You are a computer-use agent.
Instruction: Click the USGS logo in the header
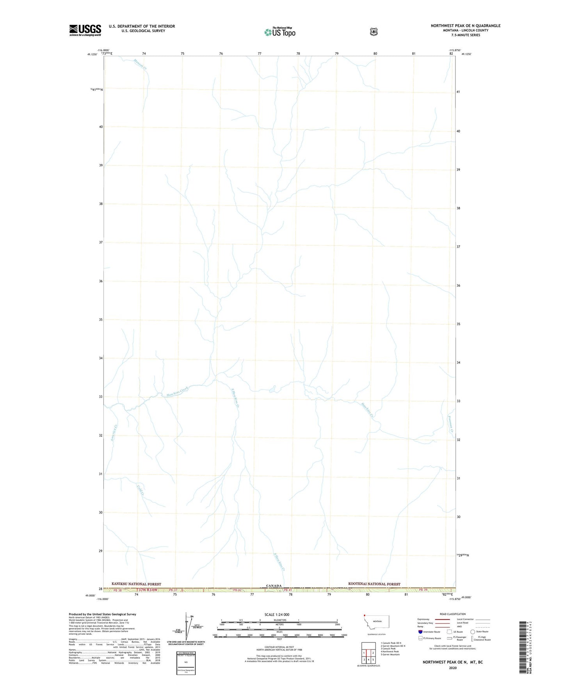[85, 30]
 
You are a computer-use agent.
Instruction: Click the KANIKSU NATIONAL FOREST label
[136, 584]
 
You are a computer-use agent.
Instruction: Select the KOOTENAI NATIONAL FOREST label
[374, 584]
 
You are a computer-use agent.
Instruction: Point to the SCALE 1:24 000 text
[277, 614]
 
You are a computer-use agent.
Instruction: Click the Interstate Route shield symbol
[420, 632]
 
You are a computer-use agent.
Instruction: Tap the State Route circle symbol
[473, 632]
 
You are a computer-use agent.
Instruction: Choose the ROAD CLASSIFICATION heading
[452, 614]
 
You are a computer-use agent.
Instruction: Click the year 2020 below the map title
[452, 668]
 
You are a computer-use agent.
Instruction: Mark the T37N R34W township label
[148, 590]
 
